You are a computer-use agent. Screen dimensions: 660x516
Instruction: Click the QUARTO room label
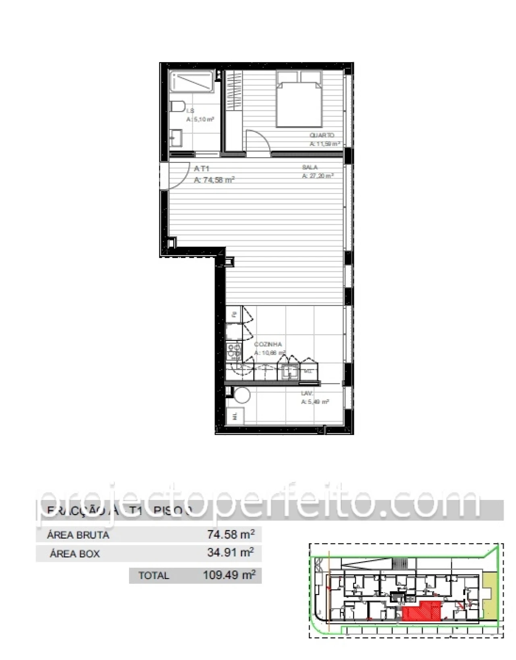pyautogui.click(x=322, y=135)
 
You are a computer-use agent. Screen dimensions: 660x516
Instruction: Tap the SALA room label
pyautogui.click(x=310, y=167)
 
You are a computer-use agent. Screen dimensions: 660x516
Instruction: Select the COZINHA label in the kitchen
pyautogui.click(x=268, y=344)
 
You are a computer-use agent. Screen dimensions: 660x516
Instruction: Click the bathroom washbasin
pyautogui.click(x=176, y=138)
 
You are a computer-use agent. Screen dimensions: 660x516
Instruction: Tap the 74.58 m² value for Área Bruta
pyautogui.click(x=231, y=535)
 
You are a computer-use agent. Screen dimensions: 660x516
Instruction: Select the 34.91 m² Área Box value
pyautogui.click(x=231, y=552)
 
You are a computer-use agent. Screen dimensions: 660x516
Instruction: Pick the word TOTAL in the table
pyautogui.click(x=154, y=575)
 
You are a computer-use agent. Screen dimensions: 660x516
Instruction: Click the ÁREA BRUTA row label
pyautogui.click(x=78, y=535)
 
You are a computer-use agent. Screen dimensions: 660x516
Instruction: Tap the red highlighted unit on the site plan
pyautogui.click(x=421, y=610)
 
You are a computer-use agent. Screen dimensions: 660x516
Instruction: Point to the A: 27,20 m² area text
pyautogui.click(x=318, y=176)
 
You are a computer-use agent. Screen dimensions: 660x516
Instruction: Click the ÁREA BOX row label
pyautogui.click(x=75, y=554)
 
